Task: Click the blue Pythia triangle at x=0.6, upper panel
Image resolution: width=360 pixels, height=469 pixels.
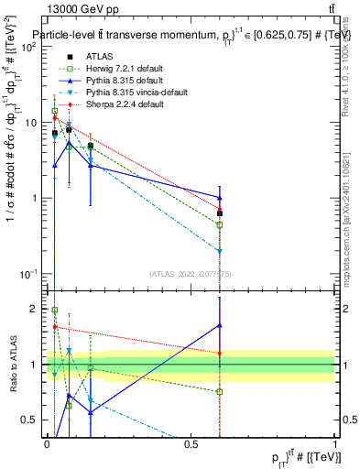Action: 220,197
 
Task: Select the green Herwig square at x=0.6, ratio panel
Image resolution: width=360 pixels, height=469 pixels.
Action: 220,392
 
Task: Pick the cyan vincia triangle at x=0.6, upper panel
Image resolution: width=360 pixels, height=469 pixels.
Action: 220,251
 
